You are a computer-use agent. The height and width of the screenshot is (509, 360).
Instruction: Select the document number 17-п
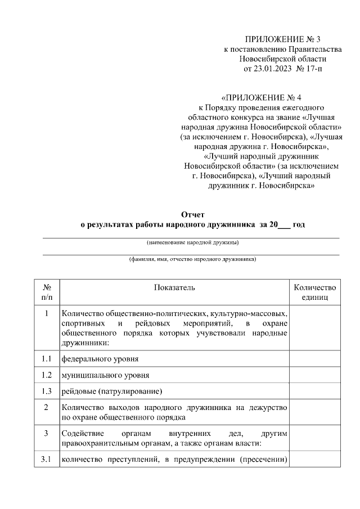313,69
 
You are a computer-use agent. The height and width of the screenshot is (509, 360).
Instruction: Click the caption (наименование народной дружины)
192,243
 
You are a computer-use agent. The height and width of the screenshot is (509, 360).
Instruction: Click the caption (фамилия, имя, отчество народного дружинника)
192,260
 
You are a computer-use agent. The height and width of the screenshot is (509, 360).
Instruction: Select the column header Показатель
174,287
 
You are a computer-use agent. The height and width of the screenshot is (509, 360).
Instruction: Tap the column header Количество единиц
314,292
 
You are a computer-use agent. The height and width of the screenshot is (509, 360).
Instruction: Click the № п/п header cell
47,292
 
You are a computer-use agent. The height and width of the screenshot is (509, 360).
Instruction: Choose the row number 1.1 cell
47,358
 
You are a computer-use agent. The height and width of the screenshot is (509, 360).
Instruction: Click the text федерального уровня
100,358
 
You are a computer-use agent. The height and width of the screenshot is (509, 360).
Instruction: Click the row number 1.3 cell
47,391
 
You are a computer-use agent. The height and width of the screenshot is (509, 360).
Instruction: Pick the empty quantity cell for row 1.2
314,375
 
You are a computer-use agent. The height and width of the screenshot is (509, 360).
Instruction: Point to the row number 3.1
47,461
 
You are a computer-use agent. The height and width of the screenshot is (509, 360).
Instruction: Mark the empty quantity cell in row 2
314,412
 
